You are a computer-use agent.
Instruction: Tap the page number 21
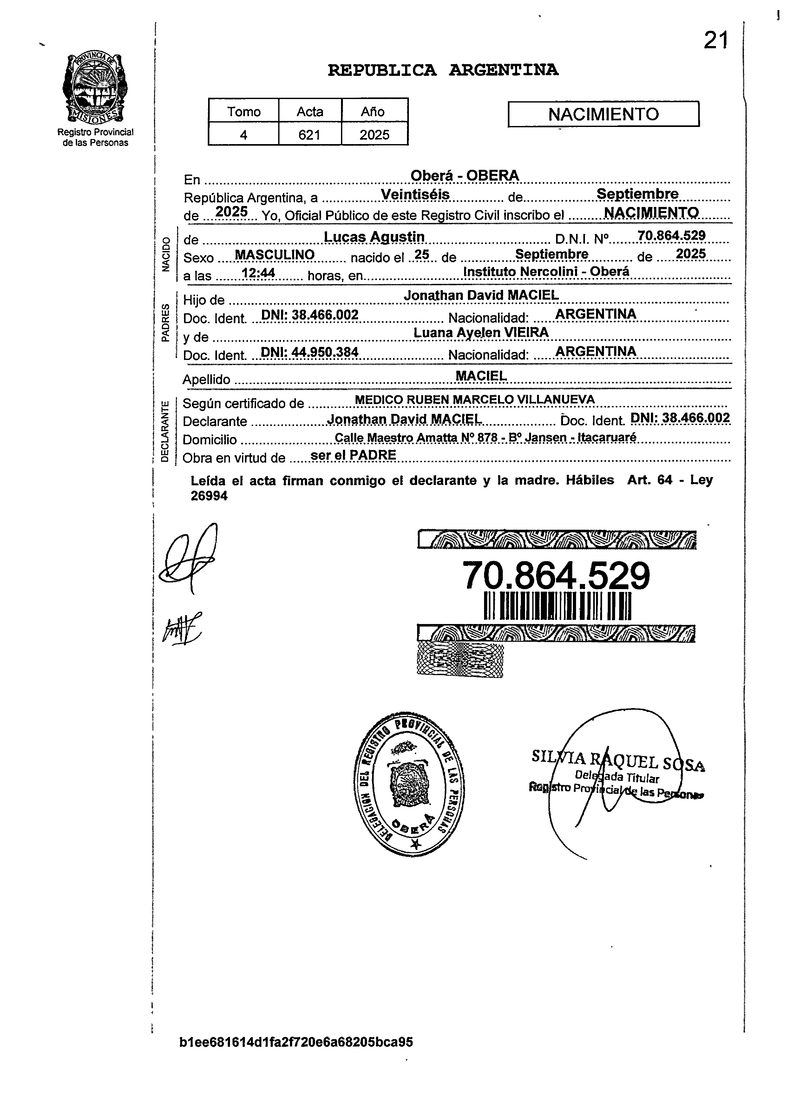click(x=715, y=41)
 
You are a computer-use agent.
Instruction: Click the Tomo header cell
click(x=244, y=111)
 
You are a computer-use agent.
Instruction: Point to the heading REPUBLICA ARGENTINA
click(x=443, y=70)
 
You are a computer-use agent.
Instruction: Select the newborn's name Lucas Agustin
click(x=374, y=237)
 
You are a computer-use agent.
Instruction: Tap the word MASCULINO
click(x=274, y=255)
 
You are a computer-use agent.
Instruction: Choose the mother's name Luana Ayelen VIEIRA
click(x=481, y=332)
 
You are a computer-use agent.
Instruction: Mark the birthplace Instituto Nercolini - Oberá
click(x=546, y=272)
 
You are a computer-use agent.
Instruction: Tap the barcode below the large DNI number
click(x=557, y=606)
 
